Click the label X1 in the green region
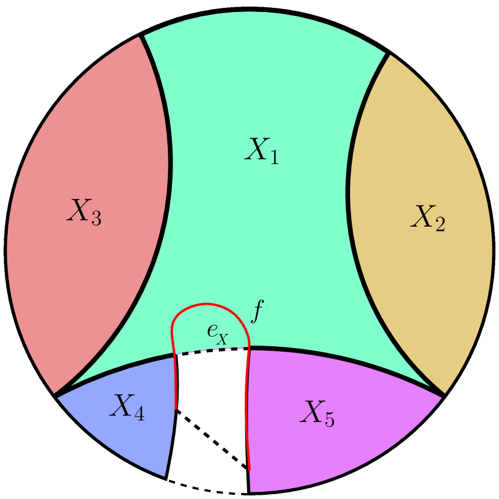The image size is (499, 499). click(262, 150)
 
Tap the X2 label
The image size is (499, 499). click(427, 218)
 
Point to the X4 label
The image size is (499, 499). click(126, 408)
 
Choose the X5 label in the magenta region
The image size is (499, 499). click(317, 413)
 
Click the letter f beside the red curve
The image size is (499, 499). click(257, 313)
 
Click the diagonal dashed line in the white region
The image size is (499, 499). click(212, 439)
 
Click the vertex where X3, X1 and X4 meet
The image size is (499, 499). click(56, 395)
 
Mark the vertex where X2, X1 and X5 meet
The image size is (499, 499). click(444, 395)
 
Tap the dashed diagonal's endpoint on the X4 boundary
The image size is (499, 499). click(176, 410)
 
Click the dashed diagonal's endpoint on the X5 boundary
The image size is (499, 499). click(249, 470)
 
